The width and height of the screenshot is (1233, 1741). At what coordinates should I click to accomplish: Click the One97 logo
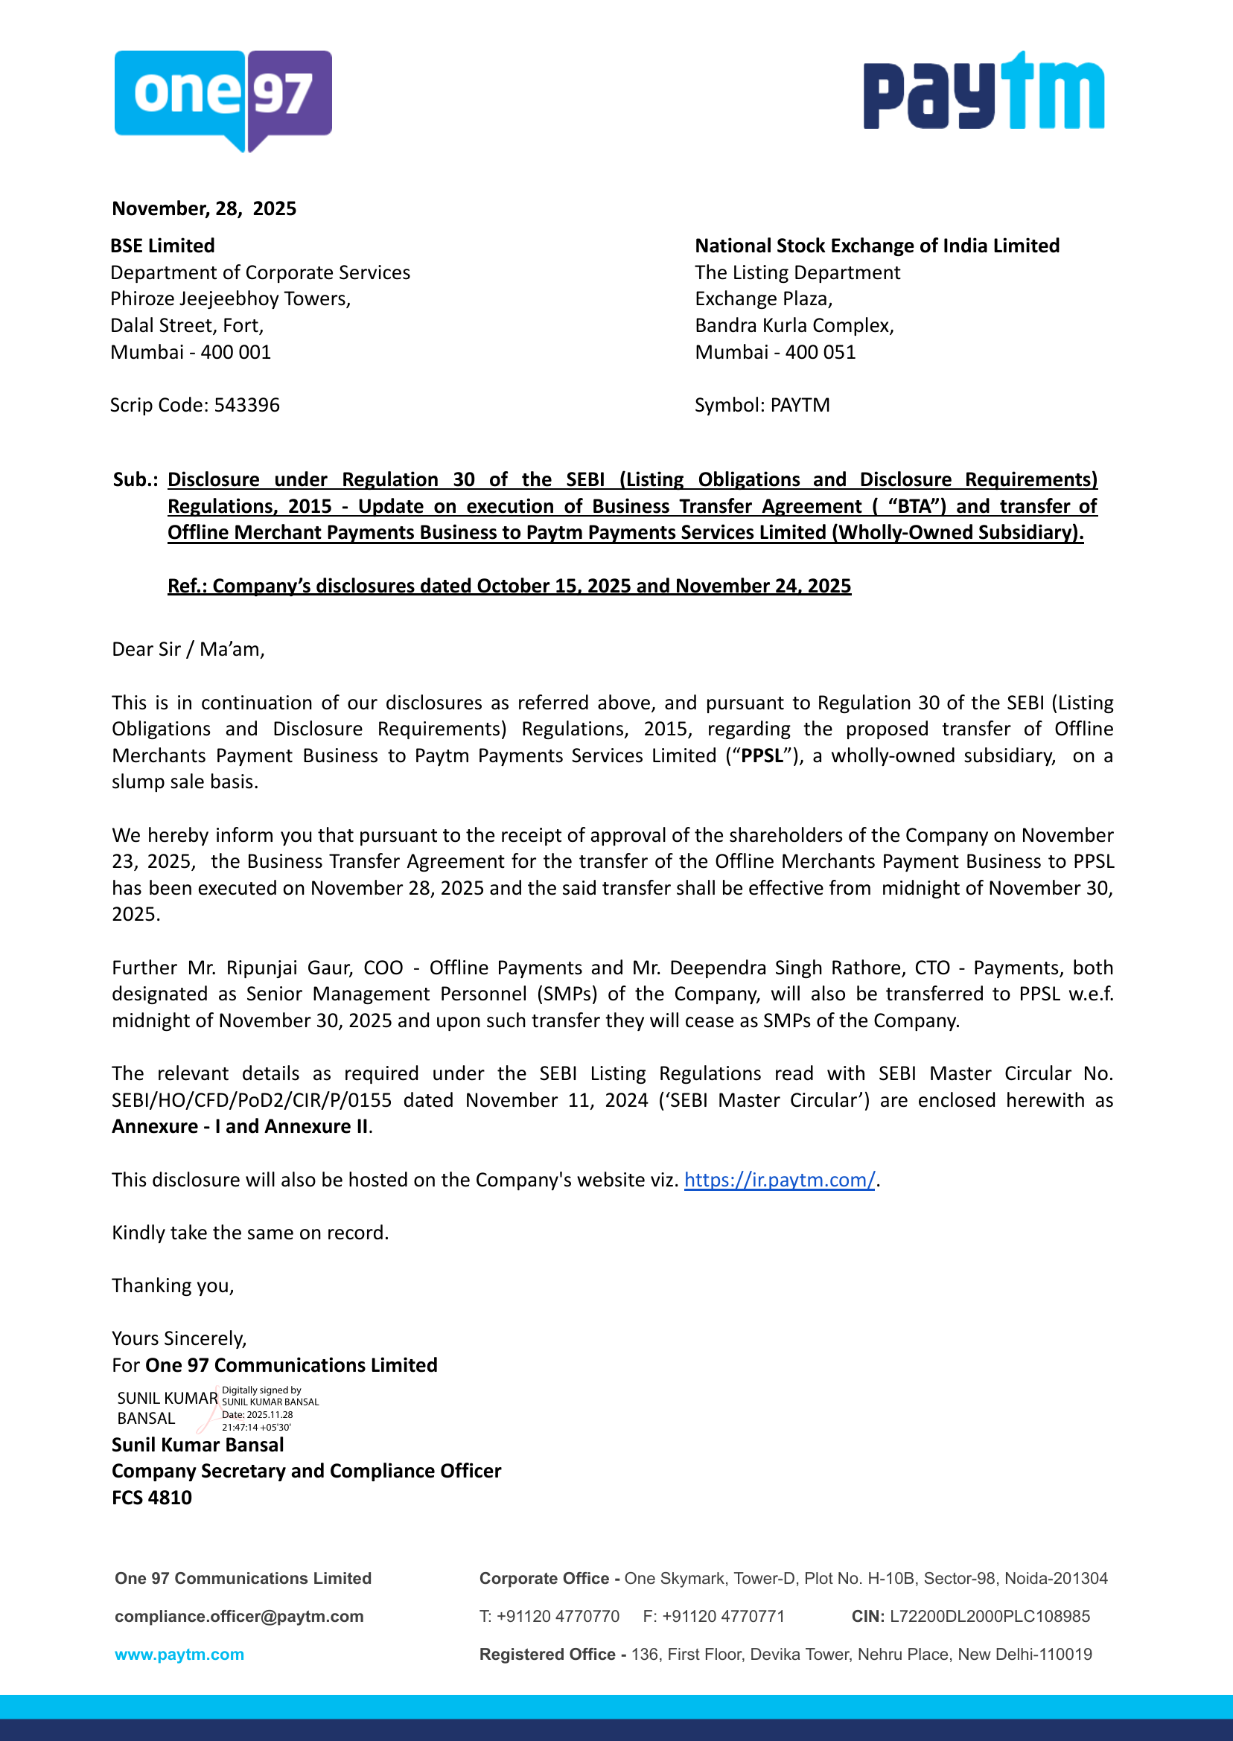coord(223,99)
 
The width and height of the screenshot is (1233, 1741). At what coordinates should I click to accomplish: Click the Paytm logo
coord(984,91)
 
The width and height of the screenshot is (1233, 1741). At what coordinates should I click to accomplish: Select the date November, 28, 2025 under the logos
coord(204,208)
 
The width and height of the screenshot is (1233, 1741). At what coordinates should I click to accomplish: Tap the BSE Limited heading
coord(162,246)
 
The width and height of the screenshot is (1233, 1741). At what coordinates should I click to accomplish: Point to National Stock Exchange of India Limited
coord(877,246)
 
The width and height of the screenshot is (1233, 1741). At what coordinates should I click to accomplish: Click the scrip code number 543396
coord(246,405)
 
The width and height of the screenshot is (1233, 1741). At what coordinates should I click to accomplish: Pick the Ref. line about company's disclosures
coord(509,586)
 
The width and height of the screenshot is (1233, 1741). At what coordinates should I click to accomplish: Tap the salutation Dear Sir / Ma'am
coord(188,650)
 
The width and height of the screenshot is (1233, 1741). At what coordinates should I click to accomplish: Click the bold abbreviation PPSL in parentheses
coord(762,756)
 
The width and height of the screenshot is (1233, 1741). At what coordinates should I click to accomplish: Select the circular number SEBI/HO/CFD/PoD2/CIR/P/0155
coord(252,1100)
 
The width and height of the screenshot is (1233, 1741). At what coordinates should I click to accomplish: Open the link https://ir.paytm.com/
coord(780,1181)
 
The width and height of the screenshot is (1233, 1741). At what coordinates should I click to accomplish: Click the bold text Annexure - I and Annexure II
coord(240,1126)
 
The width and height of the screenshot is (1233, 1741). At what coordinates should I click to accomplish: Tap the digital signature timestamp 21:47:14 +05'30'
coord(257,1428)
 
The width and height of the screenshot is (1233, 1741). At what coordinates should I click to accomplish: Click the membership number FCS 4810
coord(152,1498)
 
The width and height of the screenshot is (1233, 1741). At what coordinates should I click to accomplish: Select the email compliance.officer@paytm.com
coord(239,1616)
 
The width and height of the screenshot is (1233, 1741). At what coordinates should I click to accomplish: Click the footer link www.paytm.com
coord(180,1654)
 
